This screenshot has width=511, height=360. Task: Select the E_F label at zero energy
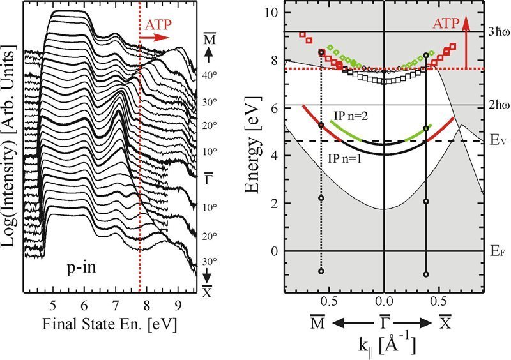(x=491, y=251)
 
